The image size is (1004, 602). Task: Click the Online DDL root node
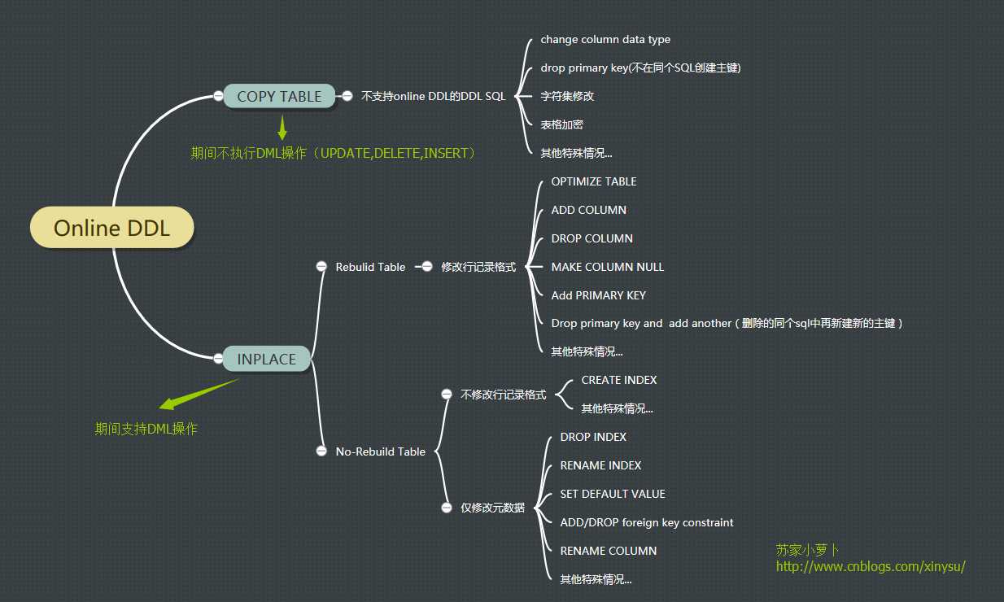click(x=112, y=228)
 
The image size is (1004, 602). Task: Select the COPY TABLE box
click(x=279, y=96)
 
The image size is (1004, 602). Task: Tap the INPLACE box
click(x=266, y=359)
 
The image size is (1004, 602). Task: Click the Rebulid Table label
click(x=370, y=267)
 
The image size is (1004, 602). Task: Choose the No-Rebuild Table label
click(x=380, y=451)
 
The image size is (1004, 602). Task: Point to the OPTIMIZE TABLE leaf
click(x=594, y=181)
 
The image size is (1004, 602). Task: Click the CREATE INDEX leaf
click(x=619, y=380)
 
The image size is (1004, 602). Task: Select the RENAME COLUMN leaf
click(x=609, y=551)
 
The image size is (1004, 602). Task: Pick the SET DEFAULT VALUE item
click(x=613, y=494)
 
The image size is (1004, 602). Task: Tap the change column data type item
click(x=605, y=39)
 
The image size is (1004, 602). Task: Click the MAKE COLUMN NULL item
click(x=608, y=267)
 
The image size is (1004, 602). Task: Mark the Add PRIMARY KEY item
click(x=599, y=295)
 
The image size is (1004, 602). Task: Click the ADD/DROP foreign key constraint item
click(x=647, y=522)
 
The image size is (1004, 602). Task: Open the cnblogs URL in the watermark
click(x=871, y=567)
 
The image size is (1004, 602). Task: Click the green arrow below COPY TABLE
click(x=282, y=128)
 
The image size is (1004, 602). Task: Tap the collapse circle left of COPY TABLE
click(x=218, y=96)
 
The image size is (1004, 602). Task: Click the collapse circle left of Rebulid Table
click(x=321, y=267)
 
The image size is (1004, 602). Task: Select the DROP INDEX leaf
click(x=593, y=437)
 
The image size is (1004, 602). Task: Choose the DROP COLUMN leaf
click(x=592, y=238)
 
